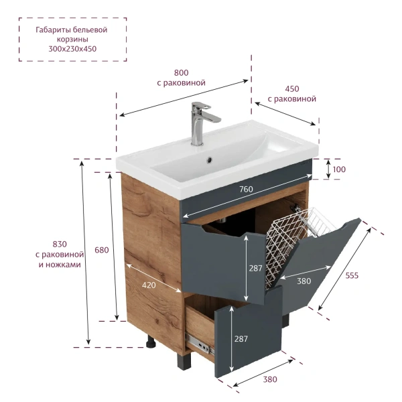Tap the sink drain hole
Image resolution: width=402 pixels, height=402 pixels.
210,159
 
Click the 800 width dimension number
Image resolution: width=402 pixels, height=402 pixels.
182,73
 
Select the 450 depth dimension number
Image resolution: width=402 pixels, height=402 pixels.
292,89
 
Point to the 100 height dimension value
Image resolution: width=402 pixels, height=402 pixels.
339,170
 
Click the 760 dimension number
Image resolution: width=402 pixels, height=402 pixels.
246,189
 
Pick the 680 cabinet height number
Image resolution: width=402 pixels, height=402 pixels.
102,250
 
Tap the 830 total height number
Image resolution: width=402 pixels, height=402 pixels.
60,244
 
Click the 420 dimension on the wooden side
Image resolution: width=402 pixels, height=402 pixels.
149,285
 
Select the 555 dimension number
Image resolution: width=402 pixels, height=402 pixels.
352,275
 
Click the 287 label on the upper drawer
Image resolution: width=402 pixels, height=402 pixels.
256,269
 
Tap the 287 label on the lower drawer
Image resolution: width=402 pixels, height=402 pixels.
241,339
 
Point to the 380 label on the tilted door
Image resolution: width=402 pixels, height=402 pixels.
304,281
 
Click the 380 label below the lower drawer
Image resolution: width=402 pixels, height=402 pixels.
270,379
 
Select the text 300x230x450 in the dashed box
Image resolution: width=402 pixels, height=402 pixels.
72,49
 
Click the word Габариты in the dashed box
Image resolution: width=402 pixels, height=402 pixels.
52,30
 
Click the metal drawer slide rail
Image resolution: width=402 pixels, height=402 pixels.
200,344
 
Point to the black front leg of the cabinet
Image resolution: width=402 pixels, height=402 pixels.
184,361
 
